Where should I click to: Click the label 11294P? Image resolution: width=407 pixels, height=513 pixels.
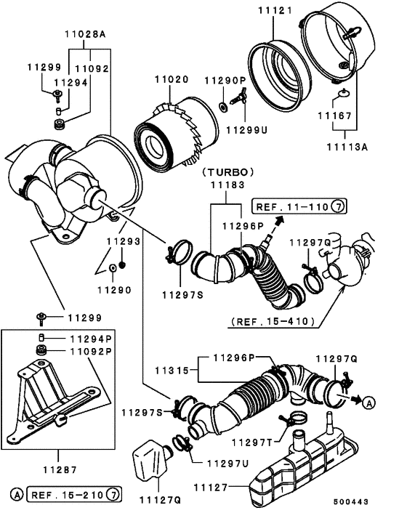92,339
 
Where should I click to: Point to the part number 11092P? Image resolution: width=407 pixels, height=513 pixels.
92,352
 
